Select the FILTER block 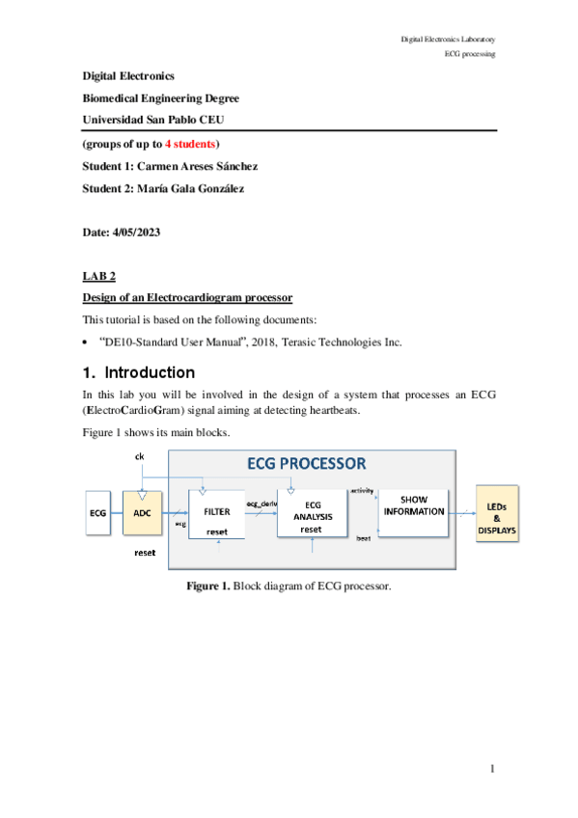(x=217, y=514)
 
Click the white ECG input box (x=98, y=513)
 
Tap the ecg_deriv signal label (x=261, y=504)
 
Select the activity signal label (x=362, y=491)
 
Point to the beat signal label (x=364, y=538)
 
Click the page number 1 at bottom (x=492, y=768)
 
